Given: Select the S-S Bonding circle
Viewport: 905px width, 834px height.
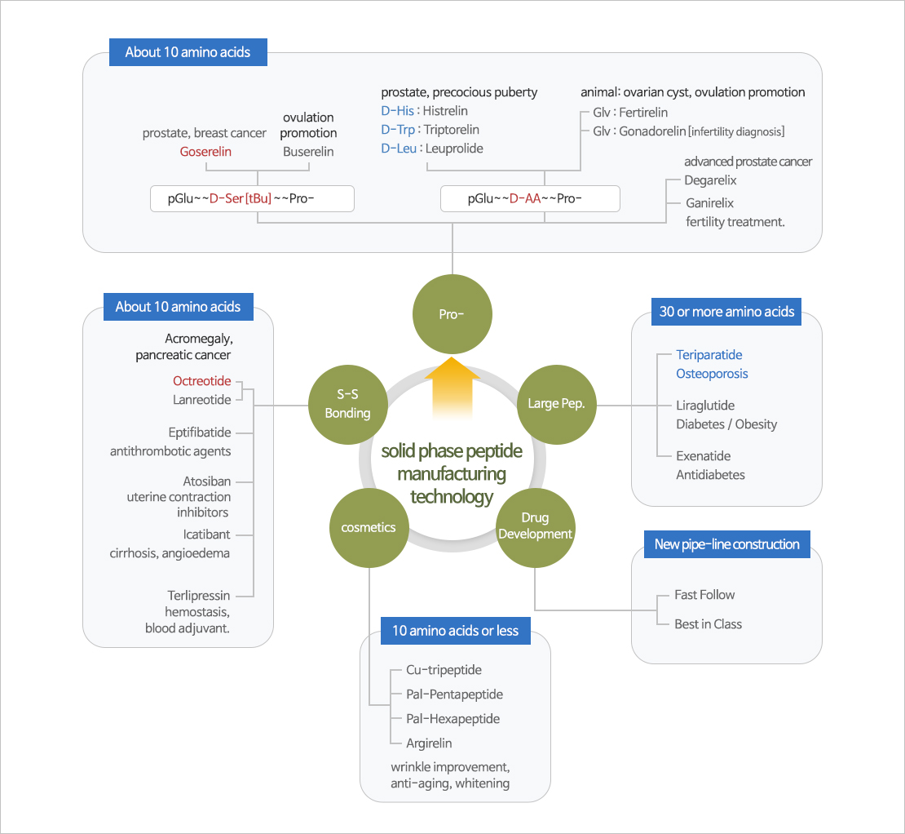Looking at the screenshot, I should (x=347, y=403).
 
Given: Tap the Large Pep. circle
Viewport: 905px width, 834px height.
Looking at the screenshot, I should (x=556, y=403).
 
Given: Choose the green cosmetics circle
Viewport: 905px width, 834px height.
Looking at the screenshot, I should (x=369, y=527).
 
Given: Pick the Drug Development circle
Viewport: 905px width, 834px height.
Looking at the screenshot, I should (x=536, y=527).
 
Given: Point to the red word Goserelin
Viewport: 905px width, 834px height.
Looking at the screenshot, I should (x=205, y=152).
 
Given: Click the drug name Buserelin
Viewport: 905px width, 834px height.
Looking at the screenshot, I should (x=308, y=152).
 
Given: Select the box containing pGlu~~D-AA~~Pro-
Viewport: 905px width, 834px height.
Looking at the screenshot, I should (x=530, y=198).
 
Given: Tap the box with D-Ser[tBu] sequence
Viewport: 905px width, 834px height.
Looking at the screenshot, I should (x=252, y=198).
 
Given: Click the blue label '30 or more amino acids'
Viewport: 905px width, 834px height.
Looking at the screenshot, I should (x=726, y=312).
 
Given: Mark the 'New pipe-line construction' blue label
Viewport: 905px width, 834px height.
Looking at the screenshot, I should (x=726, y=544).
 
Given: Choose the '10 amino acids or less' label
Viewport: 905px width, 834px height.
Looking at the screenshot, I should (x=455, y=631).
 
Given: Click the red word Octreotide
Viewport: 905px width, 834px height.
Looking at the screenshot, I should (x=201, y=381).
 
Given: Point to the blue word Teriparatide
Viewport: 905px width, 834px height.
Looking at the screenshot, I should (x=709, y=355).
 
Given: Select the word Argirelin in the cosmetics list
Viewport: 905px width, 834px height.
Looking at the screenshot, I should (x=429, y=743).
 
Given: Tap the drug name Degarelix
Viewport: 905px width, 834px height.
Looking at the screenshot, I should (x=710, y=180).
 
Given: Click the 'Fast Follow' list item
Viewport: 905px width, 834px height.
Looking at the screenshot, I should (x=704, y=595).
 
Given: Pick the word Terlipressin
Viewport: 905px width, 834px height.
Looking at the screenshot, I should (x=199, y=596).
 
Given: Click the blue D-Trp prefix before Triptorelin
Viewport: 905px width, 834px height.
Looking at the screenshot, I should (x=397, y=130).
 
